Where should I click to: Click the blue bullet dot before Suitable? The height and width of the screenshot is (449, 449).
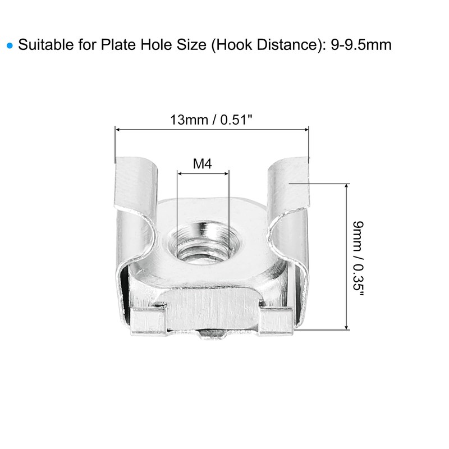tap(10, 45)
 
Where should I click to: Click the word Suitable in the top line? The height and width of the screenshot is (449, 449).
tap(46, 45)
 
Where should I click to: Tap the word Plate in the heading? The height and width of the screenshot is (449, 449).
tap(118, 45)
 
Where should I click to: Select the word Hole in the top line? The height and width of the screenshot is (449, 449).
tap(156, 45)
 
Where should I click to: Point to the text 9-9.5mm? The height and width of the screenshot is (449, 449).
tap(361, 45)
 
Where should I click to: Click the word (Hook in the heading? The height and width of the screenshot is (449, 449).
tap(231, 45)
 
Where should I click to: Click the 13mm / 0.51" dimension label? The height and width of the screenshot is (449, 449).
tap(212, 120)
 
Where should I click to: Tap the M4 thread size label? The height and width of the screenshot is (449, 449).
tap(203, 164)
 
